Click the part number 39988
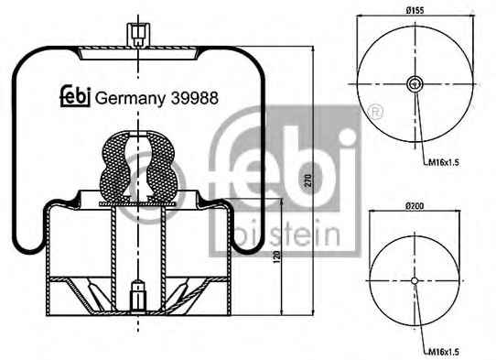pyautogui.click(x=195, y=98)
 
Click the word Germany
pyautogui.click(x=130, y=99)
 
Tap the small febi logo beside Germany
pyautogui.click(x=76, y=96)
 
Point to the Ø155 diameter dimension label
pyautogui.click(x=415, y=10)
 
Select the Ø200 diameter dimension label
pyautogui.click(x=415, y=206)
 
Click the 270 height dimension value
pyautogui.click(x=308, y=180)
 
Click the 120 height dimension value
pyautogui.click(x=276, y=256)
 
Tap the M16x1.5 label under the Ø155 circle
pyautogui.click(x=444, y=163)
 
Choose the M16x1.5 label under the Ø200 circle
pyautogui.click(x=444, y=352)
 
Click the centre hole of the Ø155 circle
pyautogui.click(x=415, y=84)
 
